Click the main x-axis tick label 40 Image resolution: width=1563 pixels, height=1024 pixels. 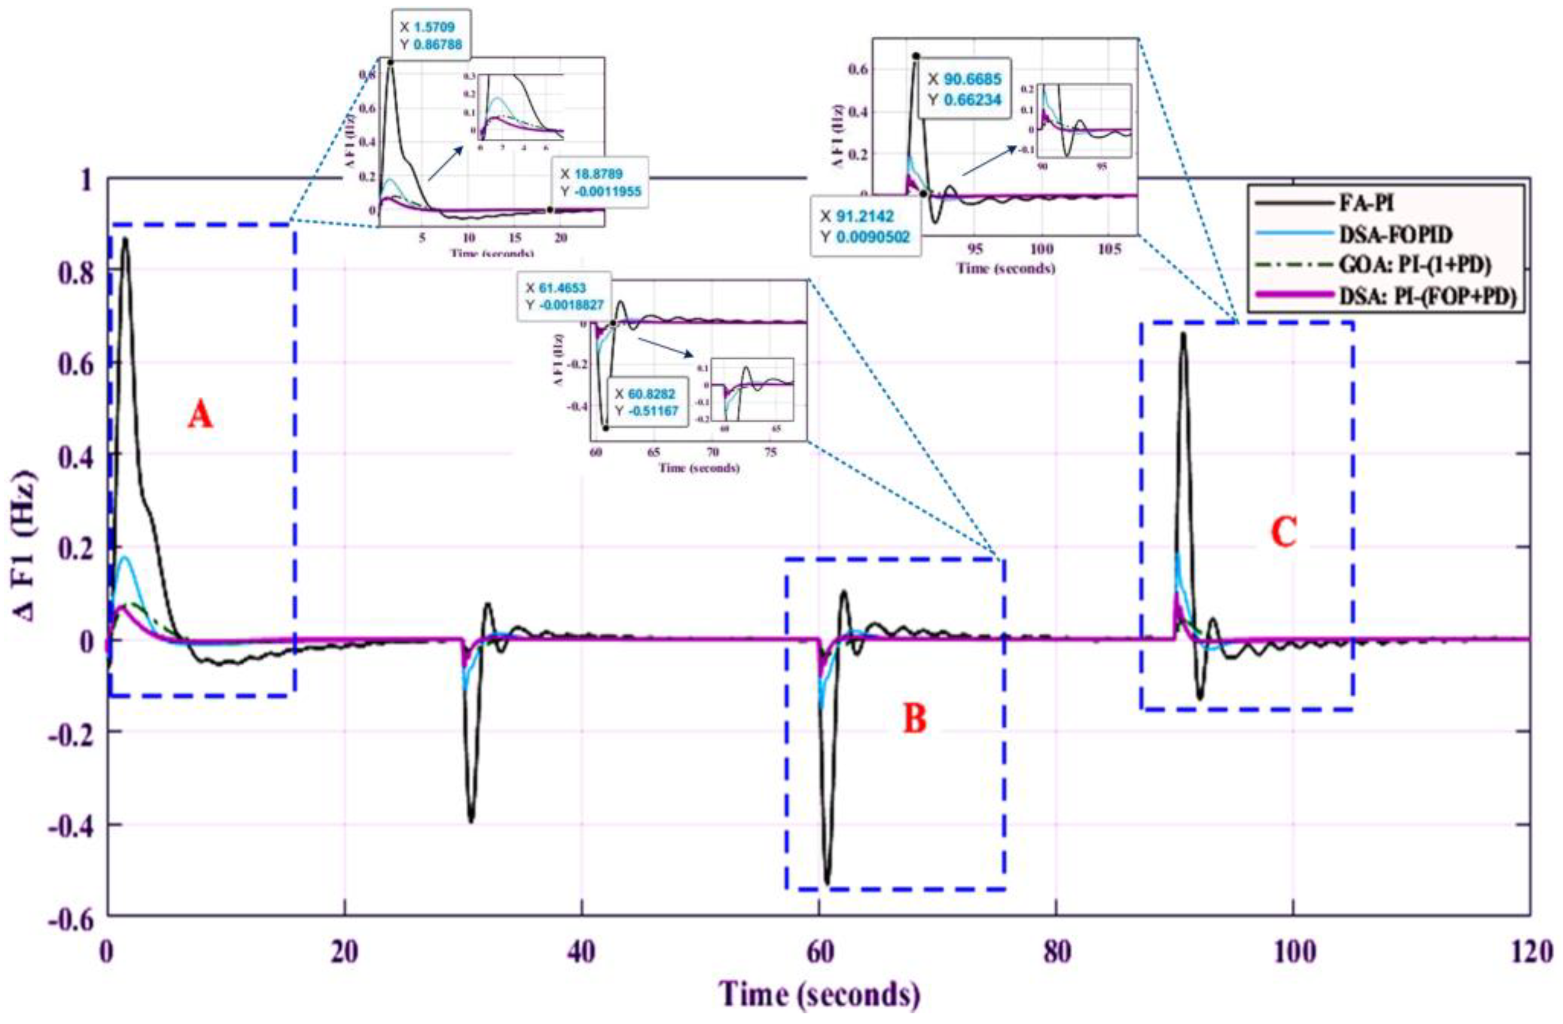(581, 952)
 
